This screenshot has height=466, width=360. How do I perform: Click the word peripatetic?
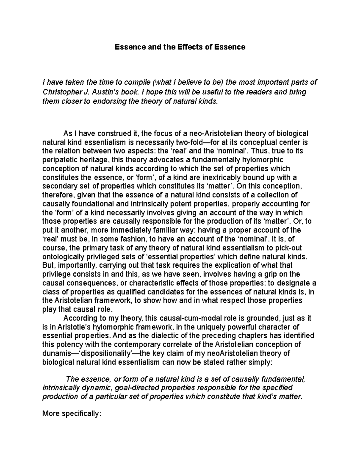pyautogui.click(x=60, y=160)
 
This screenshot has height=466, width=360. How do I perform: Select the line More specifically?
pyautogui.click(x=72, y=414)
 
